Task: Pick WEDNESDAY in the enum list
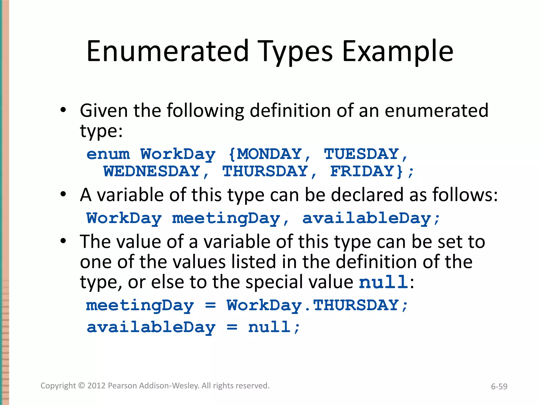click(152, 171)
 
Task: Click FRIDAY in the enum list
click(362, 171)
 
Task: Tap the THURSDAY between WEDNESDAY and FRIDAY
click(265, 171)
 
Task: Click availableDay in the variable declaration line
click(367, 219)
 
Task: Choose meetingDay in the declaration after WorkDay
click(226, 219)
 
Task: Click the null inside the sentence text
click(384, 282)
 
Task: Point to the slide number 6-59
click(499, 387)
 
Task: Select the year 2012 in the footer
click(97, 386)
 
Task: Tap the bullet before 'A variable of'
click(63, 194)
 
